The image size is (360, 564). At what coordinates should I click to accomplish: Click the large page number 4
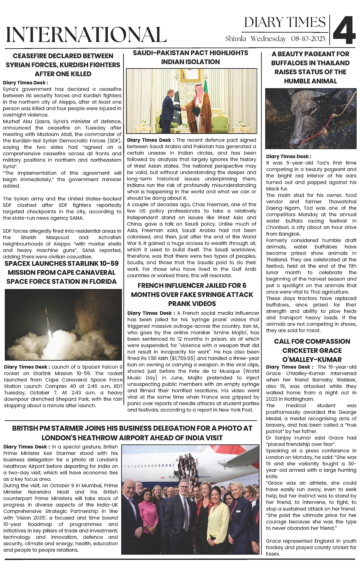point(344,30)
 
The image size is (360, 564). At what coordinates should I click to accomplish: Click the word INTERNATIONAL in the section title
point(86,34)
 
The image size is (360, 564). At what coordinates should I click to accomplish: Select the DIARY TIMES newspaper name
point(285,22)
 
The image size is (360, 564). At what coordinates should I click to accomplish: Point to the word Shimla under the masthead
point(236,39)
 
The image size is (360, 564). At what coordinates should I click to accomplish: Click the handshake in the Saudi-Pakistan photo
point(183,108)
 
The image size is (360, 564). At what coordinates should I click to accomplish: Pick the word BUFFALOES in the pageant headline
point(289,63)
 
